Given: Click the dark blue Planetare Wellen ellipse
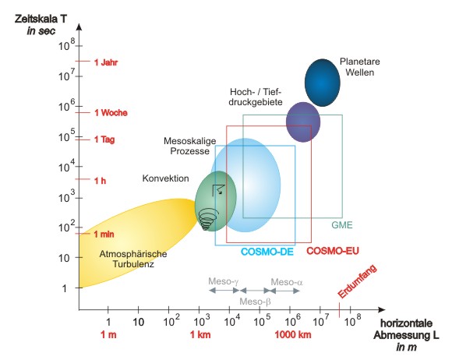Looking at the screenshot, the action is tap(323, 83).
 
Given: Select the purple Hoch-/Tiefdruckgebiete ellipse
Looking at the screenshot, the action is tap(303, 122).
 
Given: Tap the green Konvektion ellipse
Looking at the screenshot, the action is tap(216, 201).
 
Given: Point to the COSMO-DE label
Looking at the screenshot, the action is tap(267, 252).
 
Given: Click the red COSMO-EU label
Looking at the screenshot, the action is tap(333, 251).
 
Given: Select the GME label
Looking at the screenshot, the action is tap(342, 225).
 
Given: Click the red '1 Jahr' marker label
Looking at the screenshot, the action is tap(106, 62).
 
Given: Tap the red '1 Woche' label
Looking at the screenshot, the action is tap(111, 113).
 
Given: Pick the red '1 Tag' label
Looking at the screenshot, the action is tap(104, 139).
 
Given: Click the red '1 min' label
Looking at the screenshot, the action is tap(104, 234).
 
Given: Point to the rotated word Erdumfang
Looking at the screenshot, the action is tap(358, 281).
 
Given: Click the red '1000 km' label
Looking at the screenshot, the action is tap(293, 334).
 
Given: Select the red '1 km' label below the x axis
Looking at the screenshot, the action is tap(200, 334).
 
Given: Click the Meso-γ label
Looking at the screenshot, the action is tap(224, 281).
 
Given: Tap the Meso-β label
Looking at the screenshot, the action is tap(255, 302).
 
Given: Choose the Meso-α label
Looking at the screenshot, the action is tap(287, 282).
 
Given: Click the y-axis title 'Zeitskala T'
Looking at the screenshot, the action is tap(41, 19).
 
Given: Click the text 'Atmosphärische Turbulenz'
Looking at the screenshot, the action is tap(133, 259).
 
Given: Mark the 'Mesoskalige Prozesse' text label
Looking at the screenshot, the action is tap(189, 146).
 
